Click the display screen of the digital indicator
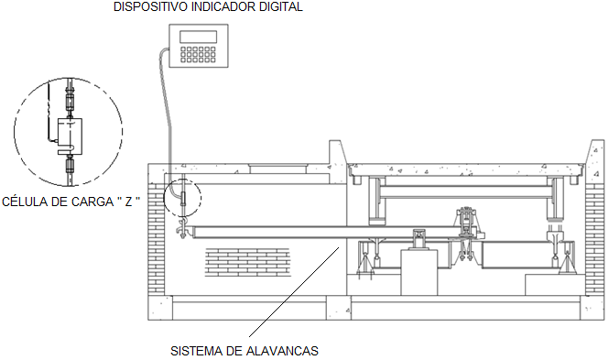198,37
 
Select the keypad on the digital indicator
198,55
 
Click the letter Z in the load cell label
128,202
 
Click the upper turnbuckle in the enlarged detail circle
70,102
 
